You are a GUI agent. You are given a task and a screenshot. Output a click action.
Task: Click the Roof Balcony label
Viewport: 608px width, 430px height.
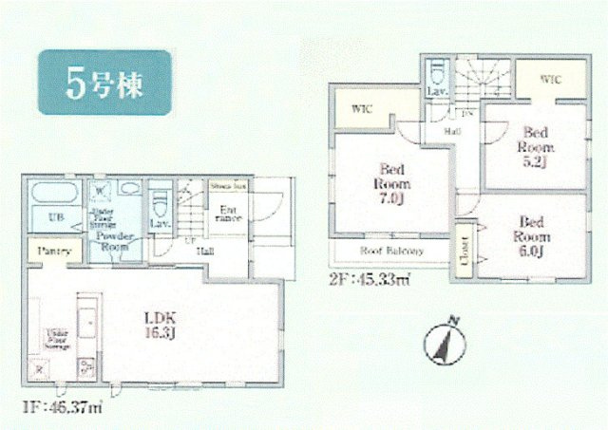pos(390,252)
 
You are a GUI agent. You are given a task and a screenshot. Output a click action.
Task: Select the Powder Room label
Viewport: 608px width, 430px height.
pos(115,239)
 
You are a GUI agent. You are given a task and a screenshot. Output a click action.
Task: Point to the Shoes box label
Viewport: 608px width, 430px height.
pos(229,187)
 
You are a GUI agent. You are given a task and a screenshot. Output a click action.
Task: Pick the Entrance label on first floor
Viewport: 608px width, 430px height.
pos(228,215)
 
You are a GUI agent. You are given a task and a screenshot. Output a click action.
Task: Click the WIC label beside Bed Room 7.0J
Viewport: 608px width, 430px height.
pos(363,110)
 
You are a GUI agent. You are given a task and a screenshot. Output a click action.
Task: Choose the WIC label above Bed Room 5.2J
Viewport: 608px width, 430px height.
pos(551,80)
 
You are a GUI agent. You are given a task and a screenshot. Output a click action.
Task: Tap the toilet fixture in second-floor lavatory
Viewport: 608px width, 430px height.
pos(436,72)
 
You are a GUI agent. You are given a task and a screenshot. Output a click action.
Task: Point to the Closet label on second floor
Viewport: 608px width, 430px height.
pos(464,247)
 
